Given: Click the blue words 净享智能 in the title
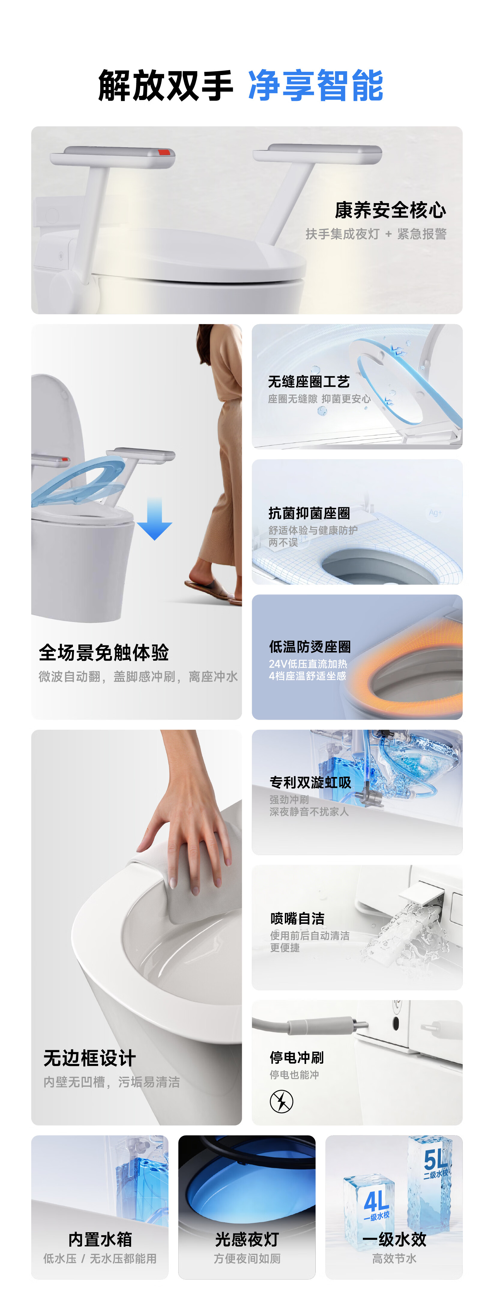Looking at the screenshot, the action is [x=316, y=85].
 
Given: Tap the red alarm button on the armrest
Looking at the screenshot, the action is [x=165, y=152].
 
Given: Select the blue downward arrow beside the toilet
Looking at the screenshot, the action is [x=155, y=519].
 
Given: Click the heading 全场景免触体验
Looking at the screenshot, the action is [x=104, y=653].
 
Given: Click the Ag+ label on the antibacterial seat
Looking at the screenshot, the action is [x=435, y=513].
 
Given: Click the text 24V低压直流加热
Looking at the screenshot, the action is [x=308, y=664].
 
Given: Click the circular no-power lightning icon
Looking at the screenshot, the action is [x=282, y=1101].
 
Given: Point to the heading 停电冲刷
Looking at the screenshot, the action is [x=297, y=1057].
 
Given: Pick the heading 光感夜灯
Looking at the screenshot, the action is [x=247, y=1239].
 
